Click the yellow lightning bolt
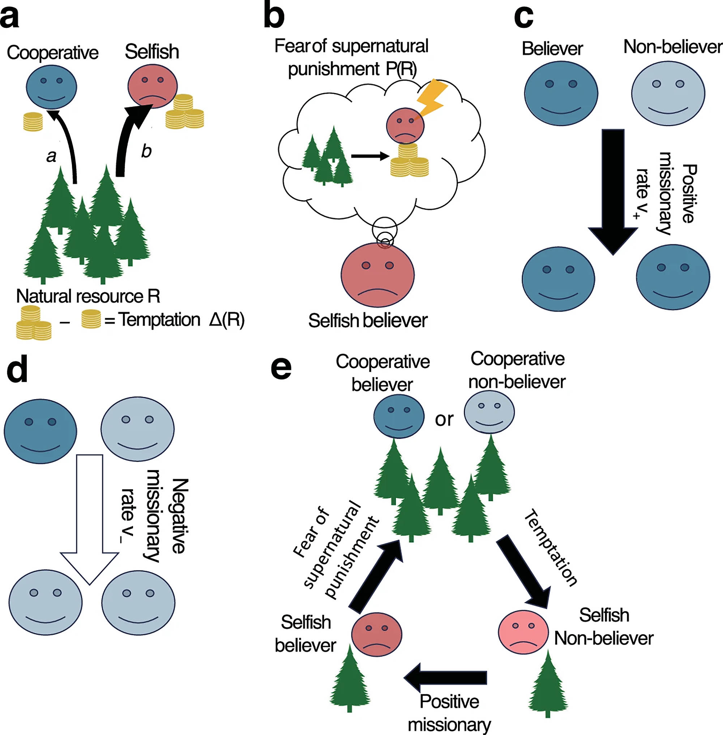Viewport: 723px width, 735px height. tap(432, 97)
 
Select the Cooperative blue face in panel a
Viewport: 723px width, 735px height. tap(52, 87)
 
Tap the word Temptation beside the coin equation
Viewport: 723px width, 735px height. tap(159, 320)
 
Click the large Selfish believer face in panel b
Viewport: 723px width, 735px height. tap(377, 274)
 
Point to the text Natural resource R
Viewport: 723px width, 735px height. tap(88, 296)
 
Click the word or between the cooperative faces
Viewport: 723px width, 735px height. tap(444, 419)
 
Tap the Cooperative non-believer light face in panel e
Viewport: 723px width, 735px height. tap(489, 412)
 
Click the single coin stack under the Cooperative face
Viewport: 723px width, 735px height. tap(33, 121)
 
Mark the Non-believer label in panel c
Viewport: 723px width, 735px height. tap(672, 47)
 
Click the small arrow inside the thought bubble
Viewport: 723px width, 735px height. tap(370, 156)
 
